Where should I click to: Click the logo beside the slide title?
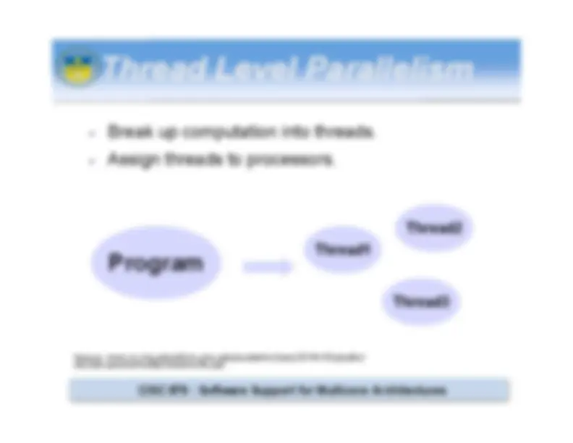click(x=77, y=67)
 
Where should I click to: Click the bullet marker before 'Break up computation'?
click(x=91, y=134)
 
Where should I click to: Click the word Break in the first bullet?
click(x=126, y=132)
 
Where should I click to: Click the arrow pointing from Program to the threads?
click(x=268, y=267)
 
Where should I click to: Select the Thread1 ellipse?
click(x=343, y=250)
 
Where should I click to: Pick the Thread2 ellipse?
click(x=434, y=227)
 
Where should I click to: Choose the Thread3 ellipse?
click(x=422, y=301)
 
